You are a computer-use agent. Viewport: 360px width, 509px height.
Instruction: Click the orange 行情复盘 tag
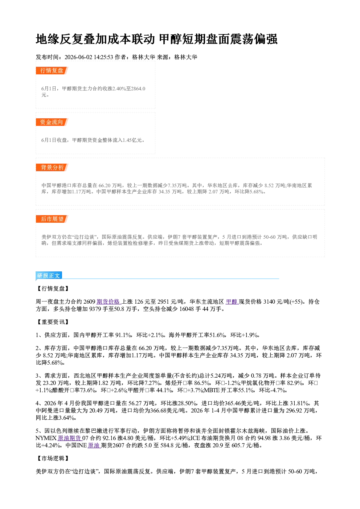[x=52, y=70]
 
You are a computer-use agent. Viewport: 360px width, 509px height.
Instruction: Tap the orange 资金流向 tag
[x=52, y=122]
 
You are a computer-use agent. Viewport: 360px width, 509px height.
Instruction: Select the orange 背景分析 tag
[x=52, y=168]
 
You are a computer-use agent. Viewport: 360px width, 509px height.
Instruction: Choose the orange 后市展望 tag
[x=52, y=219]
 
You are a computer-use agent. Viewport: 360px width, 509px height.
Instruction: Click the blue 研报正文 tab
[x=49, y=276]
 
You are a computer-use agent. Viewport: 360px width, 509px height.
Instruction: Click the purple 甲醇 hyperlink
[x=232, y=301]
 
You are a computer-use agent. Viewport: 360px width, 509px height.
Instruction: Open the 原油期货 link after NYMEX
[x=70, y=438]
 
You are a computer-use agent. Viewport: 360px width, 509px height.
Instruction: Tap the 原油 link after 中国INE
[x=94, y=445]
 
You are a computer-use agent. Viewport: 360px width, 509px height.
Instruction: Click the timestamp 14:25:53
[x=103, y=57]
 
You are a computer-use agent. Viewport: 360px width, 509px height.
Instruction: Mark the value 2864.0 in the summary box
[x=138, y=89]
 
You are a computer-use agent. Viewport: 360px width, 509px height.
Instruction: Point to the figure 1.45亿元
[x=132, y=140]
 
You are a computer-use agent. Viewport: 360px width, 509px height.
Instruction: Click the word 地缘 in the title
[x=48, y=39]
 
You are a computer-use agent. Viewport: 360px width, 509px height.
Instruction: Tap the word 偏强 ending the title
[x=266, y=39]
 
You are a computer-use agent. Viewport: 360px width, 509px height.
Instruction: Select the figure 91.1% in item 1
[x=123, y=335]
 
